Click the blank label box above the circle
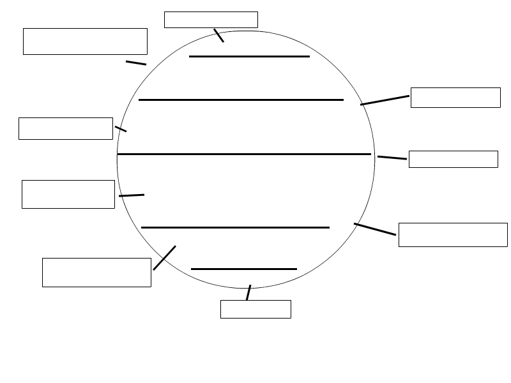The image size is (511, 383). pos(211,20)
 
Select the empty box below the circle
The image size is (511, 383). pos(256,309)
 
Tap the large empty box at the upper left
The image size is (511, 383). pos(85,41)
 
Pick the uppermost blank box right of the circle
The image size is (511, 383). pos(455,98)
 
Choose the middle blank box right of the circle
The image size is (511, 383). pos(453,159)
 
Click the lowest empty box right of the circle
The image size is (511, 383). pos(453,234)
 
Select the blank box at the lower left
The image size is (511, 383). pos(96,273)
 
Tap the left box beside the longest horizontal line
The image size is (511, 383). pos(66,128)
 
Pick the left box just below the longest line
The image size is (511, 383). pos(68,194)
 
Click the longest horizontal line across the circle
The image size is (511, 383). pos(244,154)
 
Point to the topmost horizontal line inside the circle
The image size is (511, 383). pos(249,56)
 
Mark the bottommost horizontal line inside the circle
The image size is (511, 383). pos(244,269)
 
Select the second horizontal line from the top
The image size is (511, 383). pos(241,100)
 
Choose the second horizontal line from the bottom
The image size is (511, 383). pos(235,227)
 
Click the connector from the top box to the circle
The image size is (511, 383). pos(218,35)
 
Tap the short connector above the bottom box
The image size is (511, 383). pos(248,292)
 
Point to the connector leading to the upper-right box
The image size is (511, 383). pos(385,100)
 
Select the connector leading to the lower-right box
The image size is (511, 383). pos(375,229)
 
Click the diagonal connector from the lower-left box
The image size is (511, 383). pos(164,258)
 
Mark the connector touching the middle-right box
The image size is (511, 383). pos(392,158)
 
